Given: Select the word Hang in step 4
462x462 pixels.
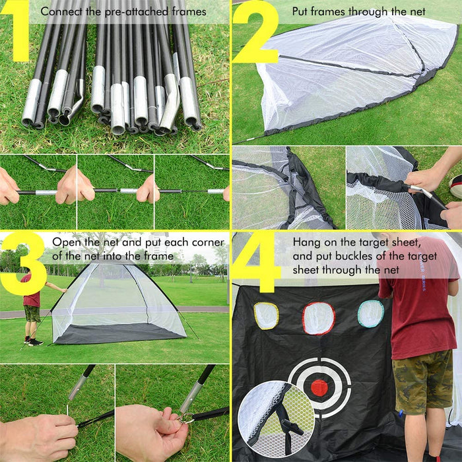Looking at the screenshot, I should coord(305,241).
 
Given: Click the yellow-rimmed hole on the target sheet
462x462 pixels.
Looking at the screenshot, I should coord(266,315).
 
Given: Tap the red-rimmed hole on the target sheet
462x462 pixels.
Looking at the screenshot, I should coord(319,318).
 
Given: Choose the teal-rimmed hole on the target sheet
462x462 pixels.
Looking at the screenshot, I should coord(370,313).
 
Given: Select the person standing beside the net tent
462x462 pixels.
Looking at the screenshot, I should coord(31,307).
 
